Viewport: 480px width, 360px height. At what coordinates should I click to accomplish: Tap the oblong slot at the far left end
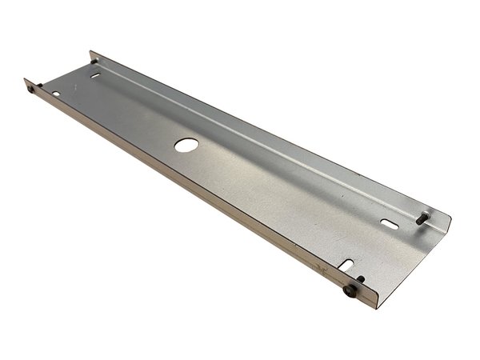pos(96,75)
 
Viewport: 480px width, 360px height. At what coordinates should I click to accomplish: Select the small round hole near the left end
pos(56,95)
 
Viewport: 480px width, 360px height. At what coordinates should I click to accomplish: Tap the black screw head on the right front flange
pos(349,293)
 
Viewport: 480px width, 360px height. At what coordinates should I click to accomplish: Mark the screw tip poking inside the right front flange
pos(361,279)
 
